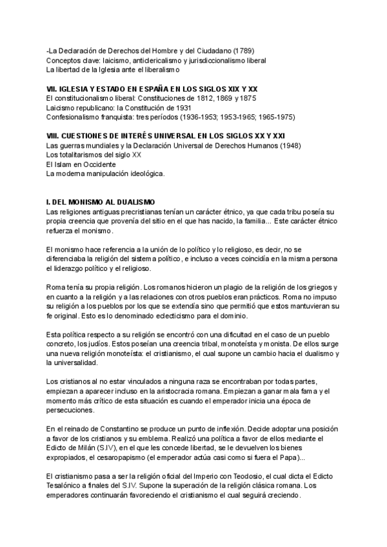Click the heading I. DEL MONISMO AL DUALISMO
pos(100,203)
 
